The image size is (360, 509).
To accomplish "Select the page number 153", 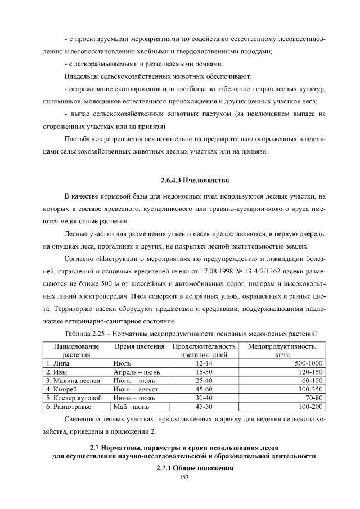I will point(183,478).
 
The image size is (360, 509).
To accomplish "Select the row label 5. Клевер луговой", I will point(73,397).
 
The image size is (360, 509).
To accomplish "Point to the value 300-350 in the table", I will point(308,389).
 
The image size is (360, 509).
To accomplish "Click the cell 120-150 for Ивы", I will point(308,372).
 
